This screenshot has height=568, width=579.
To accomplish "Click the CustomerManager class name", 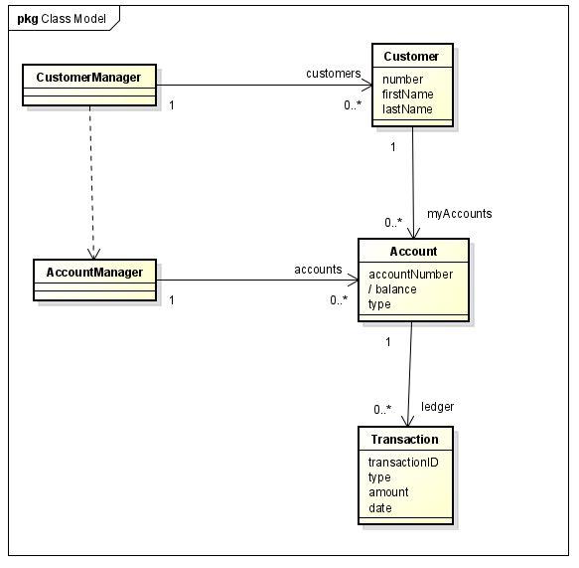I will [88, 77].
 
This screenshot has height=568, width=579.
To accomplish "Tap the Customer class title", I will [411, 56].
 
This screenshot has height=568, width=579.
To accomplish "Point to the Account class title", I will [413, 251].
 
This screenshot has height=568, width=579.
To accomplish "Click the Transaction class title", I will [404, 440].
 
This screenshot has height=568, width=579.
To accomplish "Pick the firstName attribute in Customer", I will [407, 95].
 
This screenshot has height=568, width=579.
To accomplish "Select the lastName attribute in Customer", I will [407, 109].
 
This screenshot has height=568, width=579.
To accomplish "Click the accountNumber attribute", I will [410, 275].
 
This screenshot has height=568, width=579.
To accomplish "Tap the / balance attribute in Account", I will [392, 289].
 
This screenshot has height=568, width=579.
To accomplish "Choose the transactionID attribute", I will [403, 463].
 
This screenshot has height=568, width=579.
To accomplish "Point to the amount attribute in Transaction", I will [388, 492].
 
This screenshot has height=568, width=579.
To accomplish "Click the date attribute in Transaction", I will [380, 508].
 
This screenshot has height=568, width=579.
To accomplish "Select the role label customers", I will [333, 73].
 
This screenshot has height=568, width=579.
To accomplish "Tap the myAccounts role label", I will [459, 213].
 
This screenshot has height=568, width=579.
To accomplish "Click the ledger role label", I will [437, 406].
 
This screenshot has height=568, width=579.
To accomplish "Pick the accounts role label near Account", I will [318, 270].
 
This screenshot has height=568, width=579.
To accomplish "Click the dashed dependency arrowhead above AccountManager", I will [90, 253].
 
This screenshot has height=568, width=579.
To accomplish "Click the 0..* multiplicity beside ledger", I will [382, 409].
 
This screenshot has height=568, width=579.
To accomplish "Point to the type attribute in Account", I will [379, 304].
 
